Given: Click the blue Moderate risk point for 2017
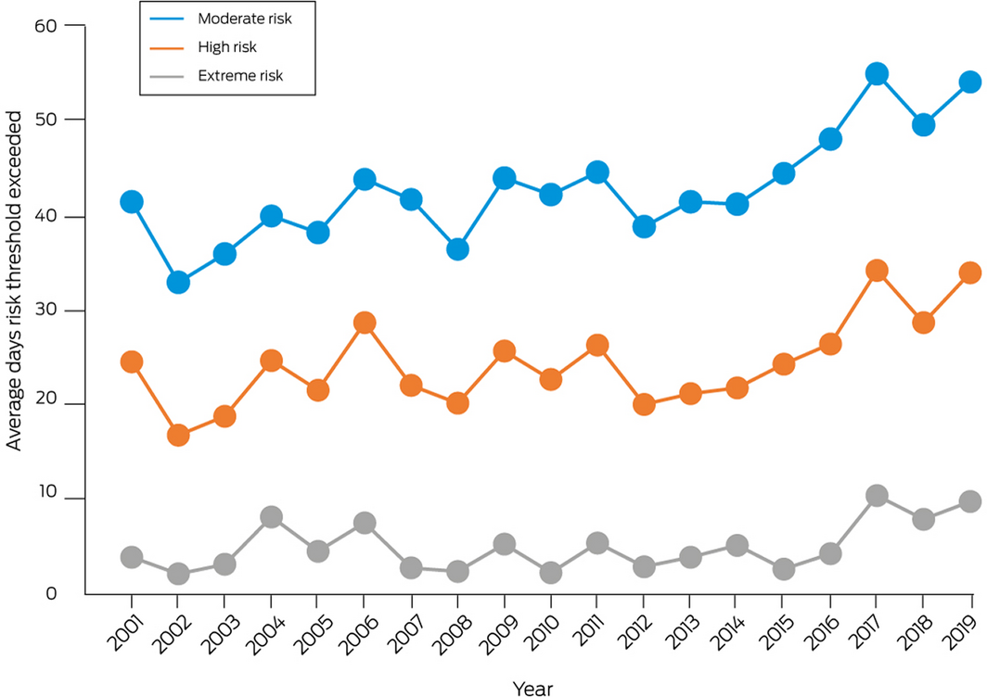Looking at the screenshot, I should pyautogui.click(x=877, y=74).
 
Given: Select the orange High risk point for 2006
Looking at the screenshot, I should pyautogui.click(x=365, y=323).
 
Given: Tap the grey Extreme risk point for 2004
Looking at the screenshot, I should pyautogui.click(x=271, y=517).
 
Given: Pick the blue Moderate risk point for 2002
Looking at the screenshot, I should pyautogui.click(x=178, y=283).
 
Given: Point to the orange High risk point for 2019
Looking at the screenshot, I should pyautogui.click(x=970, y=272).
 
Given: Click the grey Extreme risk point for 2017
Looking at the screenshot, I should pyautogui.click(x=877, y=496).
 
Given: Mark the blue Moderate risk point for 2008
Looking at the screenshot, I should pyautogui.click(x=457, y=249).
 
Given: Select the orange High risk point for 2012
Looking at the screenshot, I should pyautogui.click(x=644, y=404).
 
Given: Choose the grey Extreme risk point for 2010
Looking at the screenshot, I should pyautogui.click(x=551, y=573).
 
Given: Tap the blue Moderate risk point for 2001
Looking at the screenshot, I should pyautogui.click(x=132, y=202).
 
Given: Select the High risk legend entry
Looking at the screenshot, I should pyautogui.click(x=227, y=46).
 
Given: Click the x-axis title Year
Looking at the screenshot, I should pyautogui.click(x=535, y=687).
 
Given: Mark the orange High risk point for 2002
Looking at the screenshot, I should pyautogui.click(x=178, y=435).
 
